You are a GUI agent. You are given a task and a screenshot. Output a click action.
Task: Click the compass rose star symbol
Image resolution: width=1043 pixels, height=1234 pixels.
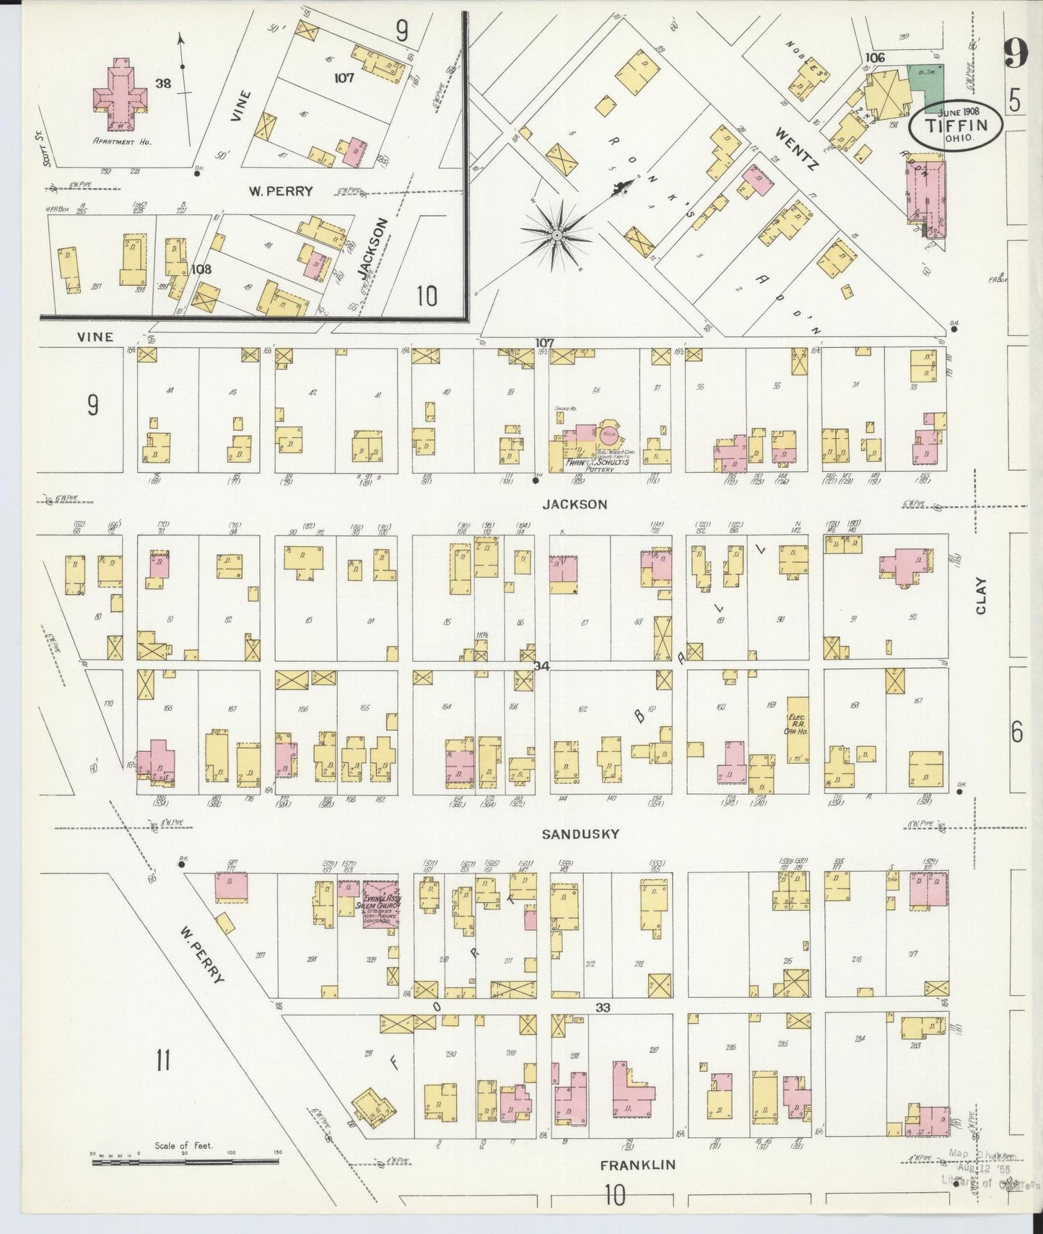(557, 235)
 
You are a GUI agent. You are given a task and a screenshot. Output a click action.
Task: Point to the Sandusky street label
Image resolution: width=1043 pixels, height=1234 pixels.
(580, 833)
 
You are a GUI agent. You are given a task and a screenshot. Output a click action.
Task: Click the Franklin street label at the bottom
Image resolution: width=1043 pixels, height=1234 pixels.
(638, 1165)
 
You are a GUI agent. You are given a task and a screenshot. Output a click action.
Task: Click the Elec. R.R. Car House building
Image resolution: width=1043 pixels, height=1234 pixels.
(797, 729)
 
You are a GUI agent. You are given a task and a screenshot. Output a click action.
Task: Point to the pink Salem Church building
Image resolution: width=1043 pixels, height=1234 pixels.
(380, 903)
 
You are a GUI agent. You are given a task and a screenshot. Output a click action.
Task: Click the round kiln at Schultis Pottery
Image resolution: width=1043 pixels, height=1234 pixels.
(608, 434)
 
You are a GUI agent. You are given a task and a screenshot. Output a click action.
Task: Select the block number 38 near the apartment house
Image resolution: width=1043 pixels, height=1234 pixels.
(162, 84)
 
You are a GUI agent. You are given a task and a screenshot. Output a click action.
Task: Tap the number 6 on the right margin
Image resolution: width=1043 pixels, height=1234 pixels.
(1016, 732)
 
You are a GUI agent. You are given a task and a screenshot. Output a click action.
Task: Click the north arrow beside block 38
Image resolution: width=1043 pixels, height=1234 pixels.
(181, 65)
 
